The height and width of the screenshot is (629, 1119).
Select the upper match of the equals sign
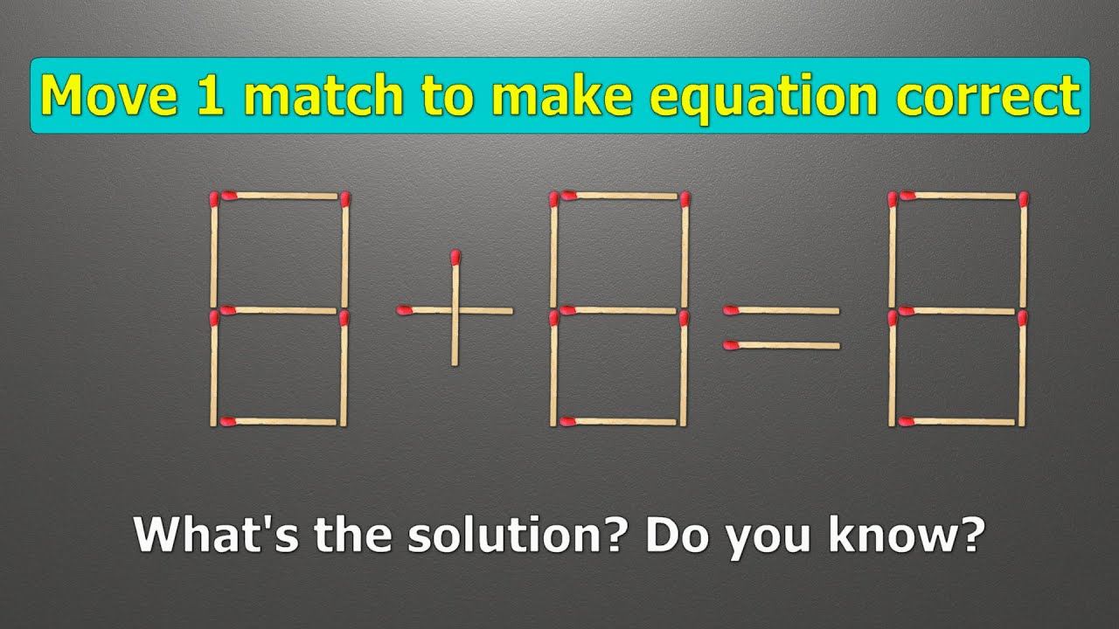(782, 309)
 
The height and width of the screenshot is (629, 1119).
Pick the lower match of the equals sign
(782, 346)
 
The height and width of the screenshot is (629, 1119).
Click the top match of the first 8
(280, 196)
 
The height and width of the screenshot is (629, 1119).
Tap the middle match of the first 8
(280, 310)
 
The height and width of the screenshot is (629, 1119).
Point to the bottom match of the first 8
(280, 422)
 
